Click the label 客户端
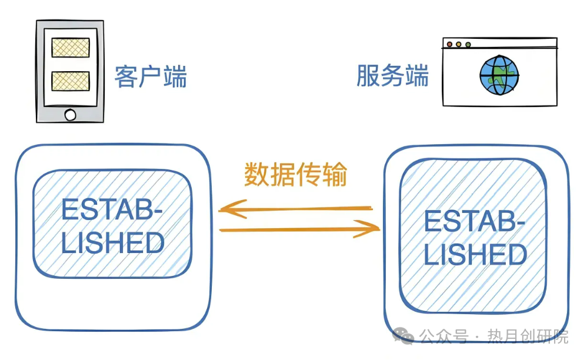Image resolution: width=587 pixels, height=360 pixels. pyautogui.click(x=151, y=76)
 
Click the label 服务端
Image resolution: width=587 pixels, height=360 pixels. pyautogui.click(x=392, y=76)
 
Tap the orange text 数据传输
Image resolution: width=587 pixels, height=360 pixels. pyautogui.click(x=296, y=175)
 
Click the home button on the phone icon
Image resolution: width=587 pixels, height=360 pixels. pyautogui.click(x=70, y=115)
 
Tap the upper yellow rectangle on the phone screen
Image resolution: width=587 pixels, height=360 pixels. pyautogui.click(x=71, y=48)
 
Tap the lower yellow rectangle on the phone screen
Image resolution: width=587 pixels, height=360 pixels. pyautogui.click(x=71, y=81)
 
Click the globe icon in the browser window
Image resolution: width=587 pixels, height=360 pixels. pyautogui.click(x=499, y=75)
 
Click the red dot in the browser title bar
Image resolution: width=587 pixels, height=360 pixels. pyautogui.click(x=450, y=44)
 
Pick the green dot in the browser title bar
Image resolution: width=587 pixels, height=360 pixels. pyautogui.click(x=468, y=44)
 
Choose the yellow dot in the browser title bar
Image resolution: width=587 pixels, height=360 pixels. pyautogui.click(x=459, y=44)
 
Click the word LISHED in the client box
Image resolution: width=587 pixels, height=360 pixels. pyautogui.click(x=112, y=243)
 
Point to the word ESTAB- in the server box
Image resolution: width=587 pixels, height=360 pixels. pyautogui.click(x=475, y=222)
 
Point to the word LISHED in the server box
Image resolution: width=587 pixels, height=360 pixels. pyautogui.click(x=475, y=255)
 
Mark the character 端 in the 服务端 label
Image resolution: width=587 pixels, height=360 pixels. pyautogui.click(x=417, y=76)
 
